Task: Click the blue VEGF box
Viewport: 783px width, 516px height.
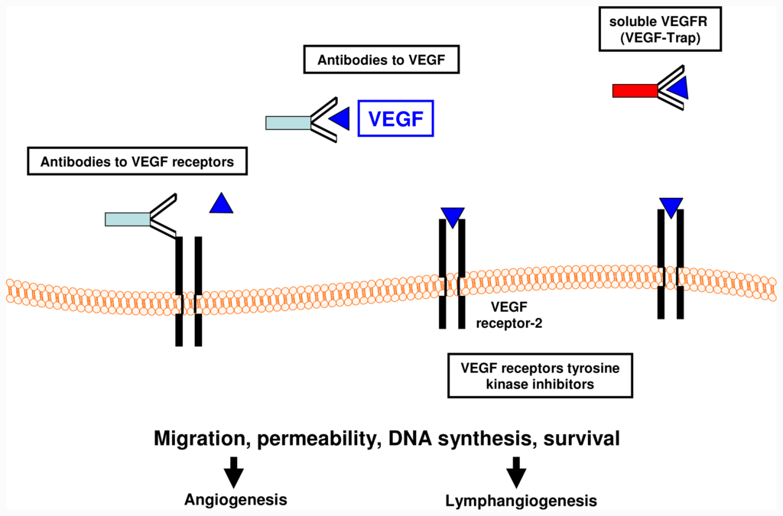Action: [x=395, y=118]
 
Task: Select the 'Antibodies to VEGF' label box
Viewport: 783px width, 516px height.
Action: [x=381, y=60]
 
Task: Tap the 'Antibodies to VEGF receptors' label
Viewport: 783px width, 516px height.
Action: [x=138, y=161]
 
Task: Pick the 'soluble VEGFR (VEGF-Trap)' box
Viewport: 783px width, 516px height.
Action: [x=660, y=29]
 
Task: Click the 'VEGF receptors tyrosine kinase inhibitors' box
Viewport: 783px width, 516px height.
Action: [x=541, y=376]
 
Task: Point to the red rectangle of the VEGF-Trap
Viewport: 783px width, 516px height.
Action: [x=635, y=91]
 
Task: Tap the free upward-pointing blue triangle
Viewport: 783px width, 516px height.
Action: [x=221, y=203]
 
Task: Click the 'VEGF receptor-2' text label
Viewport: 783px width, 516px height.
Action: [x=508, y=315]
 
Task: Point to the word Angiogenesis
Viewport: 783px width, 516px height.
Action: [x=236, y=499]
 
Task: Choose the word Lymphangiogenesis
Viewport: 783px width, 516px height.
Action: [x=521, y=501]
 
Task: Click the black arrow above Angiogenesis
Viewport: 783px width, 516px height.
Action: [x=234, y=472]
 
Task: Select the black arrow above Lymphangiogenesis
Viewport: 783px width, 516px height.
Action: [x=516, y=472]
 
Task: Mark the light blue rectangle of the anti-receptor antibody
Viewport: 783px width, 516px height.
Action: [x=128, y=219]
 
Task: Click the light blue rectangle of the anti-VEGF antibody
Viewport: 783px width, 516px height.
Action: [x=288, y=123]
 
